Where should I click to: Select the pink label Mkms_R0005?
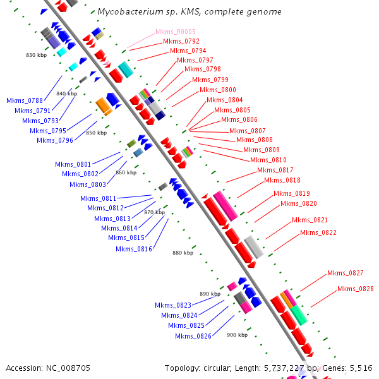(x=175, y=32)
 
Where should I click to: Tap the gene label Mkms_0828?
(x=355, y=289)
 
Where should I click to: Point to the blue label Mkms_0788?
(x=25, y=100)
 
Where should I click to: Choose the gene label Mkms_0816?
(x=134, y=249)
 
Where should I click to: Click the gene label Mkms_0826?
(x=193, y=335)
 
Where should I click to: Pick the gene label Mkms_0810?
(x=268, y=160)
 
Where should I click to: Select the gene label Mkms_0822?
(x=318, y=232)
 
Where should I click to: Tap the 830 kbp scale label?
(x=36, y=55)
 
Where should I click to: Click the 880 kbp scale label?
(x=183, y=253)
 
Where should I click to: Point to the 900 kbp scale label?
(x=237, y=335)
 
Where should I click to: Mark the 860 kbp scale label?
(x=126, y=172)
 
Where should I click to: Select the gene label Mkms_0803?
(x=88, y=184)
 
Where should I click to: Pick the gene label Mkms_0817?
(x=275, y=170)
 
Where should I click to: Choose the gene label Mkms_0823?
(x=172, y=305)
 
